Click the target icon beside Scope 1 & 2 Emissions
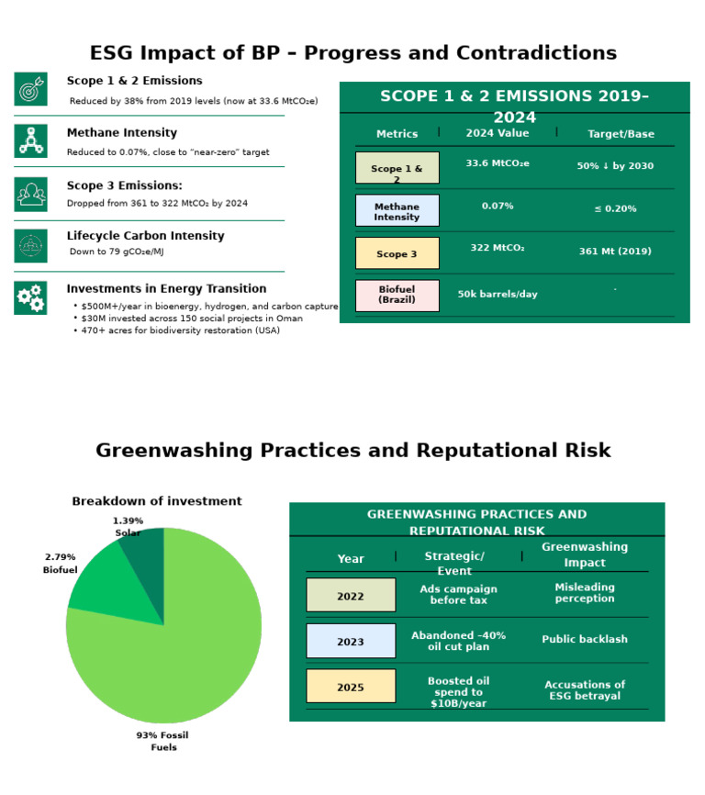coord(30,89)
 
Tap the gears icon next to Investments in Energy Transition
coord(30,297)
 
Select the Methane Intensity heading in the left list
coord(122,133)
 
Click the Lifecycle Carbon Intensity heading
coord(145,236)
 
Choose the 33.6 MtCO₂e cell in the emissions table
coord(498,164)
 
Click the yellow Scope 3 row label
coord(397,253)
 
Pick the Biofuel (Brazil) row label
coord(397,296)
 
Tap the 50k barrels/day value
coord(498,295)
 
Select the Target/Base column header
coord(621,134)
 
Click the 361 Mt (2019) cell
coord(615,251)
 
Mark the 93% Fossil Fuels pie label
coord(163,742)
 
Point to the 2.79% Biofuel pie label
coord(61,564)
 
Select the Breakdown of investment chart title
coord(157,501)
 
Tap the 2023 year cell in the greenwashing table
coord(351,642)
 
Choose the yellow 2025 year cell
coord(351,687)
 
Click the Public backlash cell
coord(585,640)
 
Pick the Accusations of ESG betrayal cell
coord(585,690)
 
